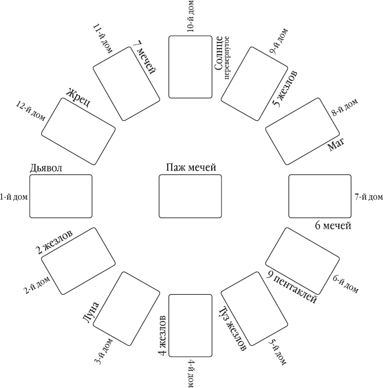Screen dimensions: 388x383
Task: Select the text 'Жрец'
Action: point(78,97)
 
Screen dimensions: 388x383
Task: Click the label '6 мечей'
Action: point(333,225)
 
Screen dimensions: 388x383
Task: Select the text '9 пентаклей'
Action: point(292,287)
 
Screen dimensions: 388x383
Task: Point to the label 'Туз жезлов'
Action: point(232,329)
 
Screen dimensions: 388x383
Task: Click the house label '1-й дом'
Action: point(14,197)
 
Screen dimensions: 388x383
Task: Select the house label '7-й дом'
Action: point(368,197)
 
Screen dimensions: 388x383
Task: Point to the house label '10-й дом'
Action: point(191,17)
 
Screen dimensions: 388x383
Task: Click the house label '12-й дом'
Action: point(31,111)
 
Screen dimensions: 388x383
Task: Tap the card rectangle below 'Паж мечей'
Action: point(190,197)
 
